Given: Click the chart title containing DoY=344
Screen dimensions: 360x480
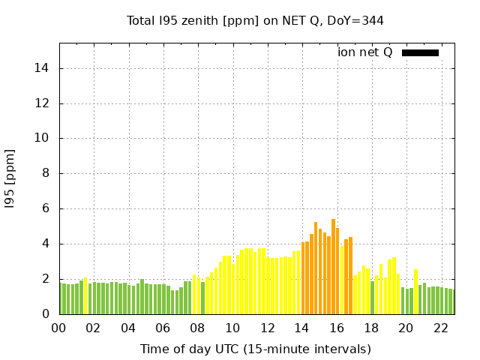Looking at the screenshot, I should (255, 20).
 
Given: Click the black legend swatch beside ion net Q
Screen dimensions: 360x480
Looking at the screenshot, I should (420, 52).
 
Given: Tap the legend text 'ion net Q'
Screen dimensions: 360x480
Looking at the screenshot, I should (365, 52).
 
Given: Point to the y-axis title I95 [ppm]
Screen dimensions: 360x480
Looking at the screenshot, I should (10, 178).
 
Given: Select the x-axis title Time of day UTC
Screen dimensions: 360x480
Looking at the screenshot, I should (255, 349).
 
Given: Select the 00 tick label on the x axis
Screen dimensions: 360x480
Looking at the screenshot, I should (59, 328).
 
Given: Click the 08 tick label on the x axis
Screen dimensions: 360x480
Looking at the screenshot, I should (198, 328).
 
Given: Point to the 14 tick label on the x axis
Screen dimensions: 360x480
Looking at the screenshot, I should (302, 328).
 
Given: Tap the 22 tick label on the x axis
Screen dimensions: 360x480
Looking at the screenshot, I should (441, 328).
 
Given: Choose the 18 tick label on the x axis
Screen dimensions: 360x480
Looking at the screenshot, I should (371, 328).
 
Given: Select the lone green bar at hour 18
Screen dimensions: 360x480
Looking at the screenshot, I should (372, 298).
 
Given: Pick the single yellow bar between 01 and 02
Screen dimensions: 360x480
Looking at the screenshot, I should (85, 296).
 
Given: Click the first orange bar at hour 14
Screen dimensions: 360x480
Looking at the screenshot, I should (303, 278).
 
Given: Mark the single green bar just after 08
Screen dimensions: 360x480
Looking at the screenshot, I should (202, 298).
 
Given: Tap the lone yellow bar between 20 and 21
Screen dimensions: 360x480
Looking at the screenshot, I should (415, 292).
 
